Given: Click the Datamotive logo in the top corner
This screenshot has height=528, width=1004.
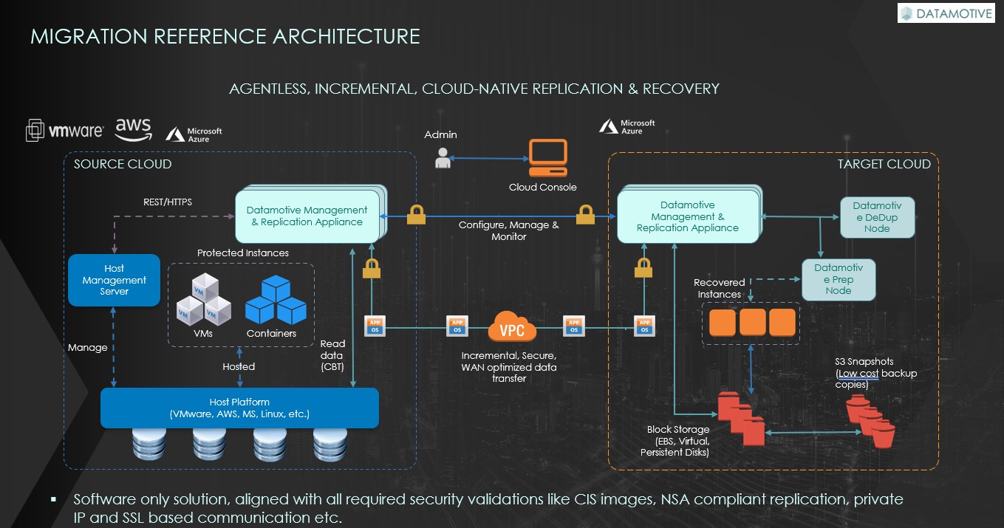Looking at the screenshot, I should click(947, 13).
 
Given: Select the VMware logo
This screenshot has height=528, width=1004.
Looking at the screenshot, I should click(65, 131).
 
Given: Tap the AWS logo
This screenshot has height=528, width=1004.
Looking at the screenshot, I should click(133, 128).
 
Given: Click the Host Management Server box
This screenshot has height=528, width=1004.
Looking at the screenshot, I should click(114, 280).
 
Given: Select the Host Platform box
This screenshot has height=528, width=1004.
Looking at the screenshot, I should click(239, 408).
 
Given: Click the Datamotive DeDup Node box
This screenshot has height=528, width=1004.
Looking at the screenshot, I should click(877, 217).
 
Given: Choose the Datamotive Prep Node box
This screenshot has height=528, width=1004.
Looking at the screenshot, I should click(839, 279).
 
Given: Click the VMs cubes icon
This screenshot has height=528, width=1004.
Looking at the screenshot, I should click(202, 300).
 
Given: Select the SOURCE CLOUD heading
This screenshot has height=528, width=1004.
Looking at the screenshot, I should click(123, 164).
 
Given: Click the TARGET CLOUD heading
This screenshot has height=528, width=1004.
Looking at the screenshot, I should click(884, 164).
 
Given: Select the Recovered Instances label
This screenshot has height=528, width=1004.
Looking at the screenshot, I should click(719, 288).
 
